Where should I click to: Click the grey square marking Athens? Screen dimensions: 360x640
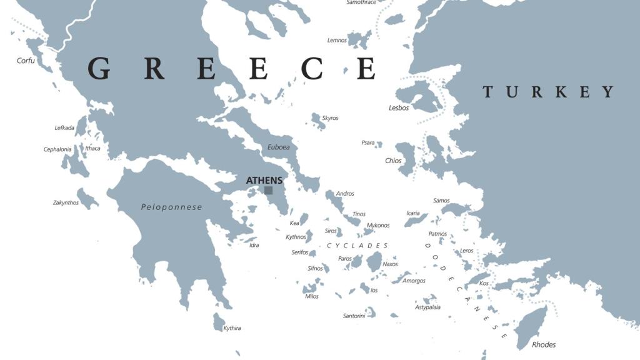[x=268, y=191]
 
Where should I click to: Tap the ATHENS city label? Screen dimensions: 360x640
[x=264, y=181]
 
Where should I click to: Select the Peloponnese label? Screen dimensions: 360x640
[x=171, y=207]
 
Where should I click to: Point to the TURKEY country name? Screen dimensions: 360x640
[x=548, y=92]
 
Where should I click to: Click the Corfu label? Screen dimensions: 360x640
[x=26, y=61]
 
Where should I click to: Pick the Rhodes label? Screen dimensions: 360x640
[x=543, y=344]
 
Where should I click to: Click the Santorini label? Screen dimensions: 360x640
[x=354, y=316]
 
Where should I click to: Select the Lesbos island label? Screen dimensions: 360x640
[x=399, y=107]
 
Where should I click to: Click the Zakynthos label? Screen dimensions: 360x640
[x=66, y=202]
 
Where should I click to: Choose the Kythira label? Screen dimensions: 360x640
[x=232, y=328]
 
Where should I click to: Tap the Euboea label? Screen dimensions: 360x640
[x=278, y=147]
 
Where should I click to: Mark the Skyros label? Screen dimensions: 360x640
[x=330, y=118]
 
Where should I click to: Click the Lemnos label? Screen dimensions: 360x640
[x=337, y=41]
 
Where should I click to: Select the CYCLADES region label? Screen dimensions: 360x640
[x=357, y=246]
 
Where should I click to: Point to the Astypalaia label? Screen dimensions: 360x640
[x=427, y=307]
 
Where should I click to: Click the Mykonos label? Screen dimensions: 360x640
[x=378, y=225]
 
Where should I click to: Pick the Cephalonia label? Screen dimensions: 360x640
[x=57, y=149]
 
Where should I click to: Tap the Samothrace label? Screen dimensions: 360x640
[x=361, y=2]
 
